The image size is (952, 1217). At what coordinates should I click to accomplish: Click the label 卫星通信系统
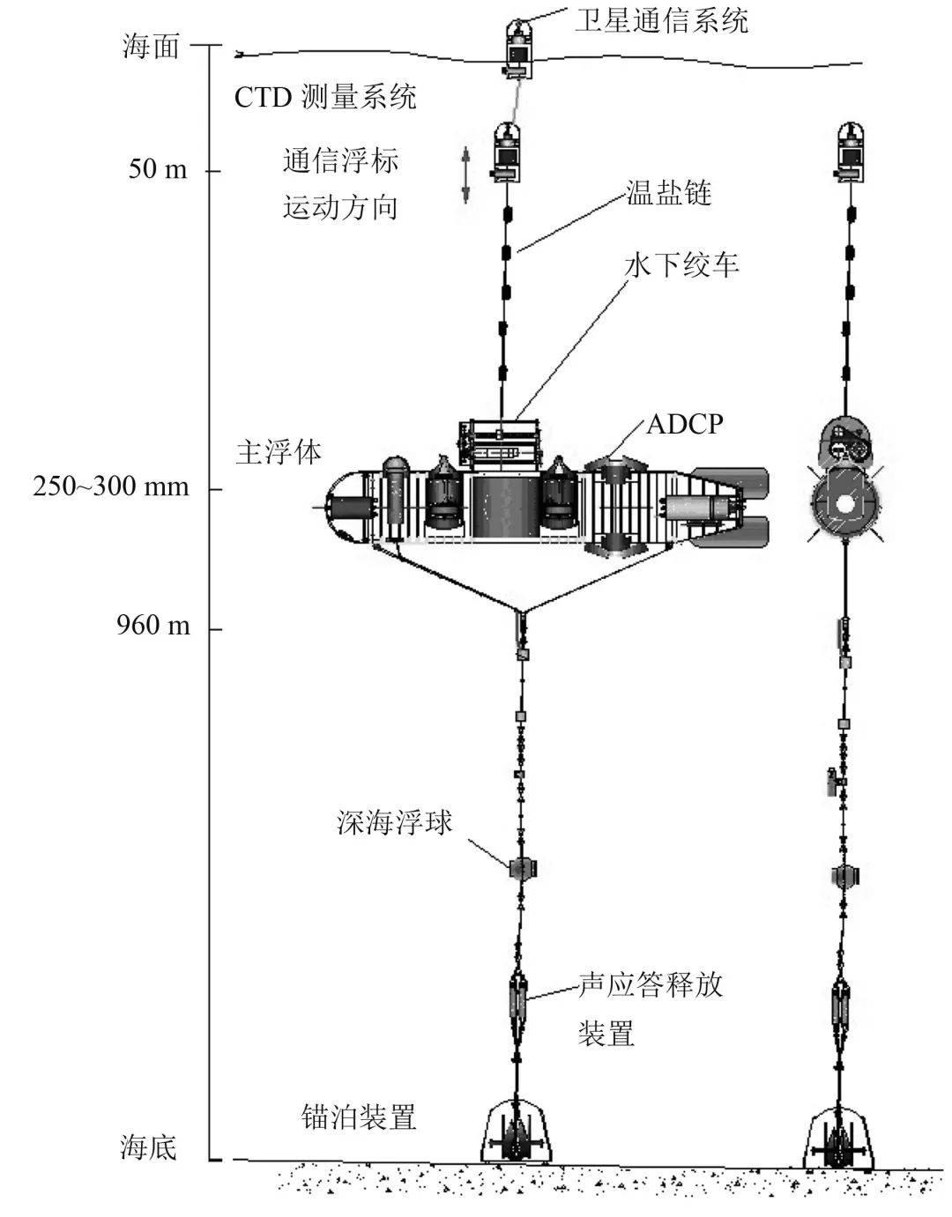click(x=661, y=19)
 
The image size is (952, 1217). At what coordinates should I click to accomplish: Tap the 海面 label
click(x=151, y=46)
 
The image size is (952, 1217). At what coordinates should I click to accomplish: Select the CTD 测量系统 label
click(x=325, y=96)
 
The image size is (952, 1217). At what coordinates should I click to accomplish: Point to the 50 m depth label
click(x=159, y=168)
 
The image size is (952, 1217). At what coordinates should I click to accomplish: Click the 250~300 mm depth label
click(x=111, y=486)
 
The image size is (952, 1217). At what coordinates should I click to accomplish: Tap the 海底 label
click(x=149, y=1147)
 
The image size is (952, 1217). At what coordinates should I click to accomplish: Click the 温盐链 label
click(x=668, y=193)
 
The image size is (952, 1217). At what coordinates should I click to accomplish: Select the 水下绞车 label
click(x=681, y=264)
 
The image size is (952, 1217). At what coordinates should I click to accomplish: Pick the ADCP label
click(x=685, y=424)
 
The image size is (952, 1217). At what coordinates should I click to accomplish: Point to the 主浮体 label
click(x=279, y=452)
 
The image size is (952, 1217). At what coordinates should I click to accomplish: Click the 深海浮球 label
click(x=395, y=822)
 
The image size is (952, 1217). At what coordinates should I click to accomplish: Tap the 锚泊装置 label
click(x=358, y=1117)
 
